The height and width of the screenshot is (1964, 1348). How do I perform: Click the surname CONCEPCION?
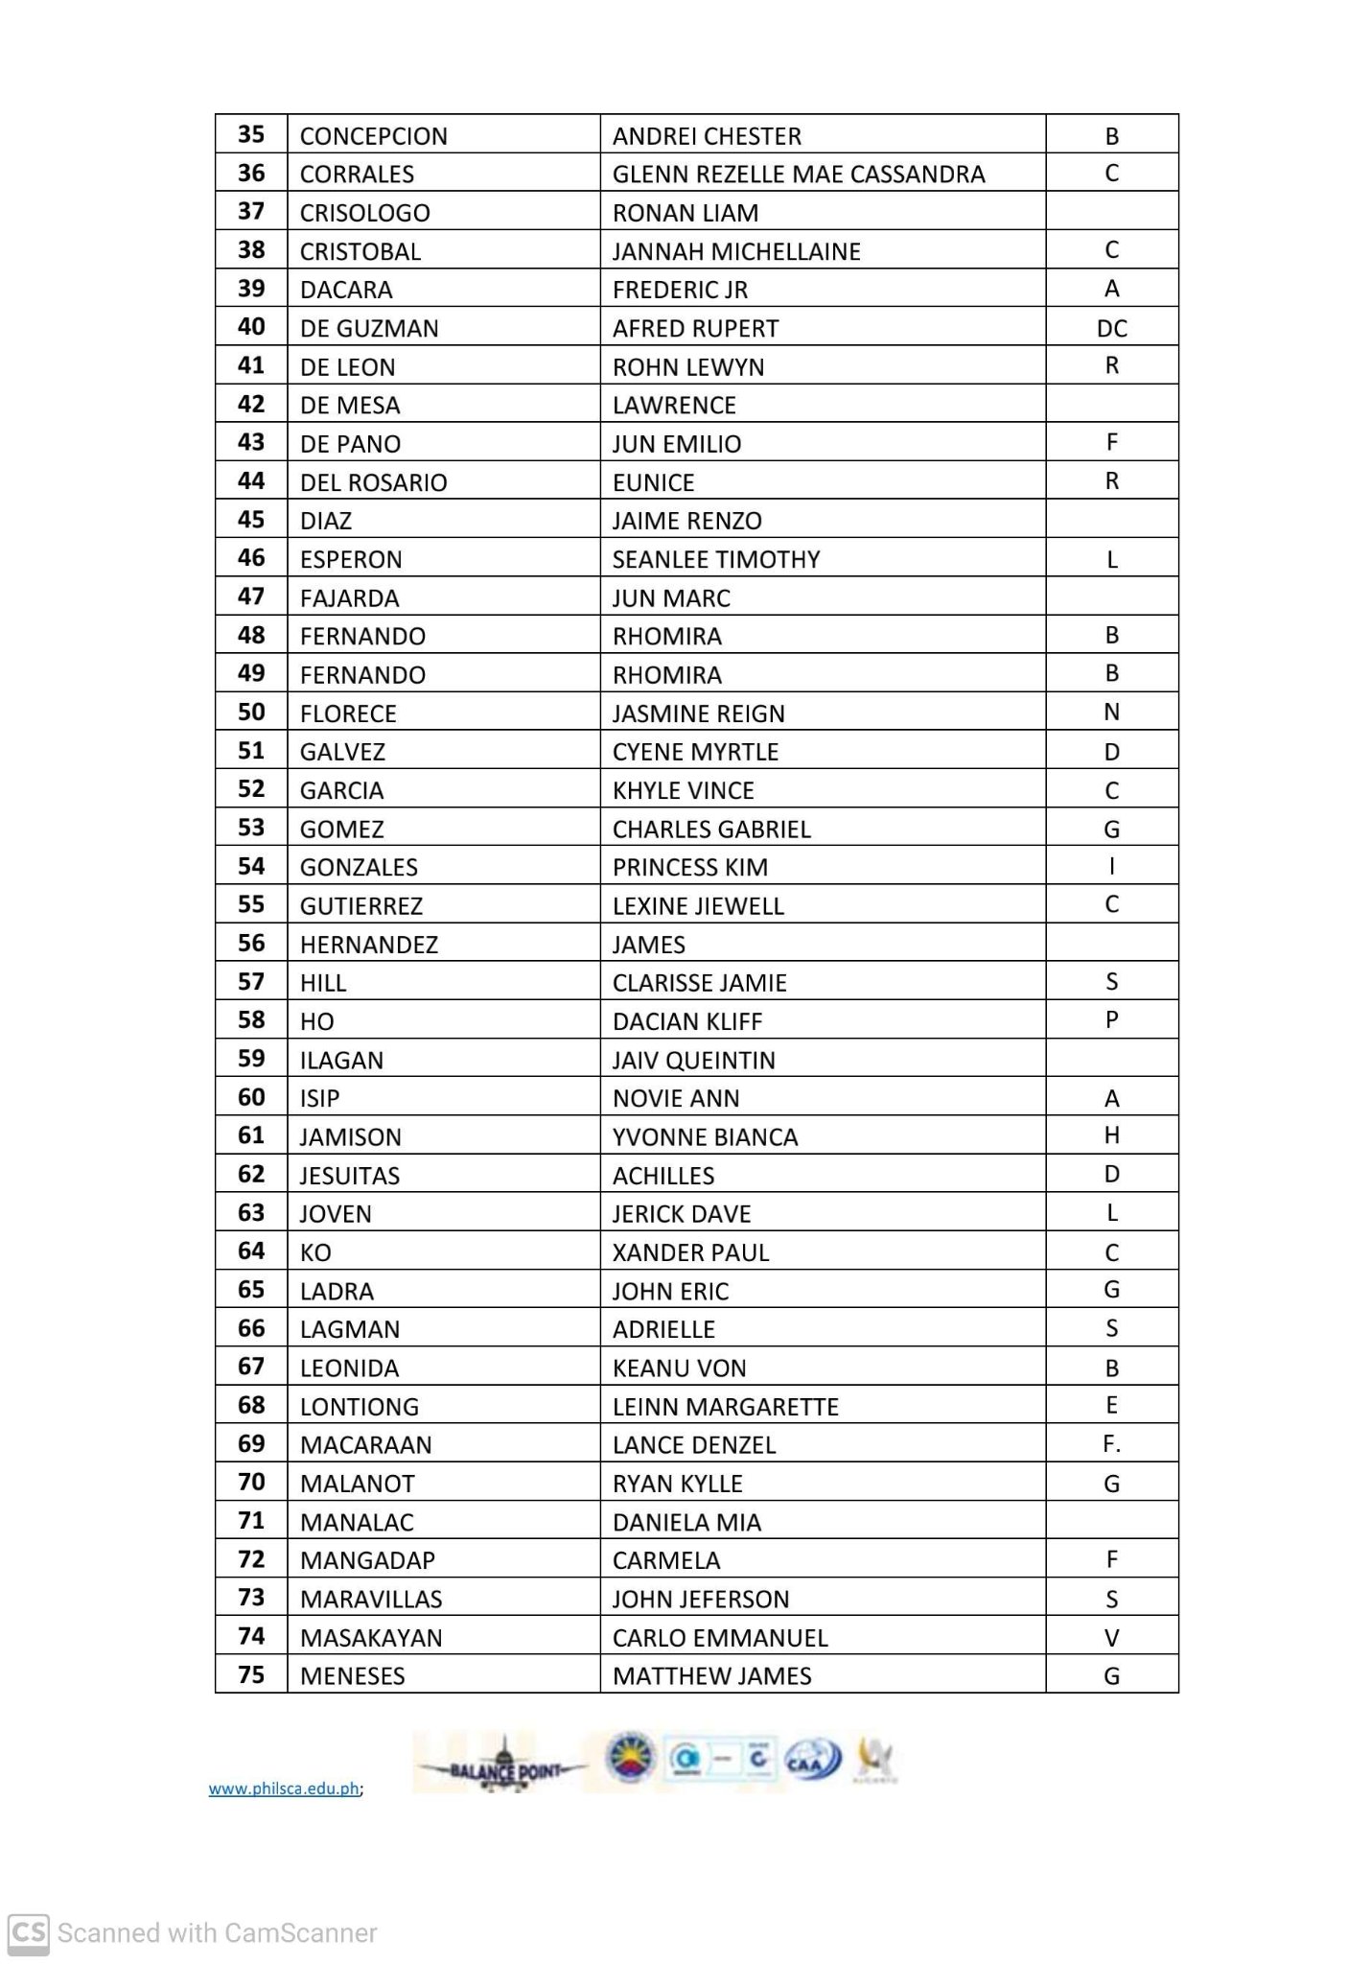coord(373,136)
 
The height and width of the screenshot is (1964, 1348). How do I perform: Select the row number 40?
coord(251,327)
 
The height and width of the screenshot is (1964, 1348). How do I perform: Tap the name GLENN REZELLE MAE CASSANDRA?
coord(798,175)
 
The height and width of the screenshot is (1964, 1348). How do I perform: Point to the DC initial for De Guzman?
coord(1111,329)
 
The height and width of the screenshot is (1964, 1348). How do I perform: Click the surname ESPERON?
coord(351,559)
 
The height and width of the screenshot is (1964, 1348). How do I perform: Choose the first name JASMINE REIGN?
coord(698,713)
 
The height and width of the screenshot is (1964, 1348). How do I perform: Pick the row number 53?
coord(251,828)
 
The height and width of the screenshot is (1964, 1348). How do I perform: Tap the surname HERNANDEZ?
coord(368,945)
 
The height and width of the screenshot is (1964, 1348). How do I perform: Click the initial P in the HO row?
coord(1111,1019)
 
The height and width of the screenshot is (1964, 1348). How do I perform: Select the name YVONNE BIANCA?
coord(705,1137)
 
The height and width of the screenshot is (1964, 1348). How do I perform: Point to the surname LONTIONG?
coord(359,1407)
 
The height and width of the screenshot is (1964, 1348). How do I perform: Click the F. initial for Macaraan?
coord(1111,1444)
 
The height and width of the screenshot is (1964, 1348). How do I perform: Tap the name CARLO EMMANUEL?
coord(719,1638)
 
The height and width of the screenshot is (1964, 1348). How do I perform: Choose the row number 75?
coord(251,1675)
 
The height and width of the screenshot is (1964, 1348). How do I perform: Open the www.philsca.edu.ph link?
coord(284,1789)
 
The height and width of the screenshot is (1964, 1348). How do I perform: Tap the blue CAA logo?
coord(813,1760)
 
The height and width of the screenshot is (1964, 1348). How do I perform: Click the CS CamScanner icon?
coord(29,1932)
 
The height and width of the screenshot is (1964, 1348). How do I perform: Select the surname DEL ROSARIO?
coord(373,482)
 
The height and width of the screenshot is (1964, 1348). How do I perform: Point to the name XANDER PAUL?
coord(690,1252)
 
